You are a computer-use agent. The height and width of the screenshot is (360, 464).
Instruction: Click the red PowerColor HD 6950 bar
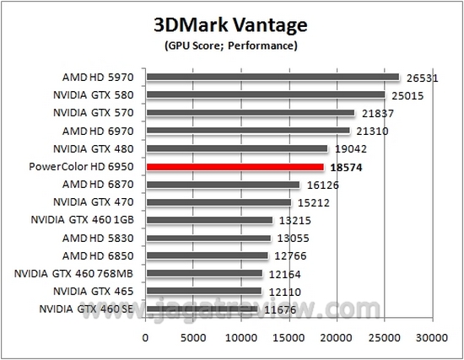[235, 167]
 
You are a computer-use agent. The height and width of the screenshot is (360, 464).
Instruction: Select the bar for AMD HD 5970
[272, 78]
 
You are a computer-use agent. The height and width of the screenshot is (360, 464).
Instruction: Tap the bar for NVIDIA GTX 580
[265, 95]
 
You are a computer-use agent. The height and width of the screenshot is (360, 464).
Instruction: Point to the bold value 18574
[346, 167]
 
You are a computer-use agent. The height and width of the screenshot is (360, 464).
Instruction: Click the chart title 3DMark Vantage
[231, 22]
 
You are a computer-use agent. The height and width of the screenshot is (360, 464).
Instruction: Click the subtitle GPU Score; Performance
[231, 44]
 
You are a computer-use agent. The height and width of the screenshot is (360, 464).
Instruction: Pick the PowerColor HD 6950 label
[88, 167]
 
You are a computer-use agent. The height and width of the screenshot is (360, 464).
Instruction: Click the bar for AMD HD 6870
[223, 185]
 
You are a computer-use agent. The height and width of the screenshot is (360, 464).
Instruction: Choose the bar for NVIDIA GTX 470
[219, 202]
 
